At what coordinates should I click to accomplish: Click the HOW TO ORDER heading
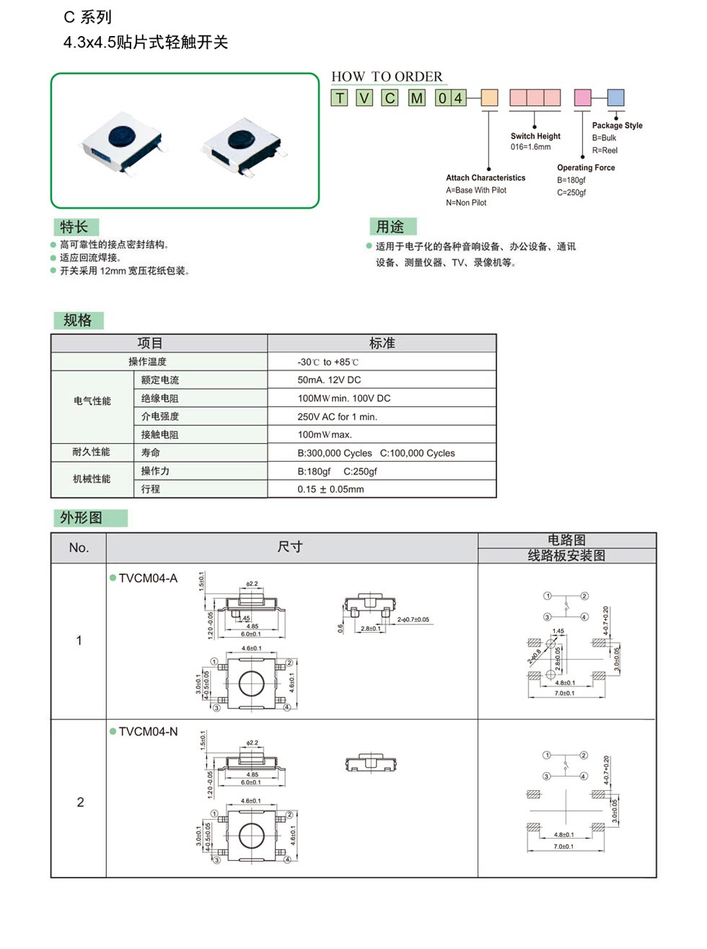[x=387, y=76]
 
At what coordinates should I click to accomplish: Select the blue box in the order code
[x=615, y=97]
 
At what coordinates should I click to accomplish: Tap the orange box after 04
[x=489, y=97]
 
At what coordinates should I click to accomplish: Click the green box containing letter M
[x=417, y=97]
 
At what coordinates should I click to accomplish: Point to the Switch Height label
[x=535, y=136]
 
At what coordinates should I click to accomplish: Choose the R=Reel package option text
[x=605, y=150]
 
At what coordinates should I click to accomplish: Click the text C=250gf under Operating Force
[x=571, y=192]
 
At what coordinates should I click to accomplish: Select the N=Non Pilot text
[x=466, y=203]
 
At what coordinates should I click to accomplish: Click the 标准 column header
[x=382, y=343]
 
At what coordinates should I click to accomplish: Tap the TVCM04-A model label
[x=148, y=578]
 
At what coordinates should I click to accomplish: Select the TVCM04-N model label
[x=148, y=732]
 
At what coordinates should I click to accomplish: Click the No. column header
[x=79, y=548]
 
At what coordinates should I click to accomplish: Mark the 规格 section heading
[x=78, y=320]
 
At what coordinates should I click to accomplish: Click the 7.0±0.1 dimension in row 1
[x=564, y=694]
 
